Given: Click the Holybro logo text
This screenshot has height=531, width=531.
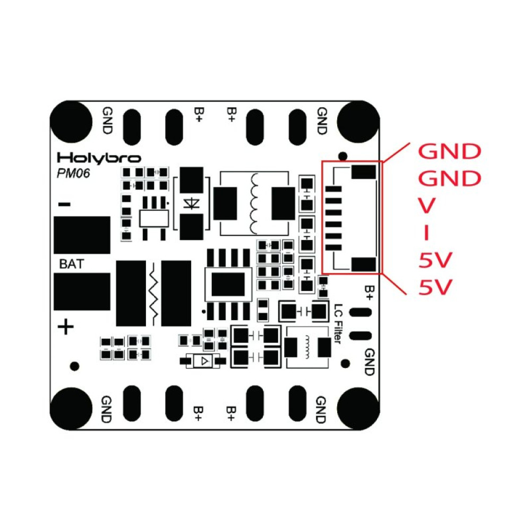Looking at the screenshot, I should coord(99,158).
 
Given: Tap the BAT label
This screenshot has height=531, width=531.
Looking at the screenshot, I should coord(71,264).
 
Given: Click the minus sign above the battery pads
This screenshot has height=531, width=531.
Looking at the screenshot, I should coord(65,204).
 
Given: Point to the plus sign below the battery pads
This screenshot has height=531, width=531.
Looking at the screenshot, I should coord(65,327).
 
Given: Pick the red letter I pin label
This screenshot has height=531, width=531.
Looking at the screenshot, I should coord(426,233).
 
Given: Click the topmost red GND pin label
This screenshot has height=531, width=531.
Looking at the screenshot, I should coord(449,151).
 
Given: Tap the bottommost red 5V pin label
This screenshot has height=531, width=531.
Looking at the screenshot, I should coord(435,288).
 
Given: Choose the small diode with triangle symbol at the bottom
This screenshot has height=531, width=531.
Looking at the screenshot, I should coord(203,362).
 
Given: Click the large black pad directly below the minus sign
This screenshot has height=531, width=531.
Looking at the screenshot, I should coord(82,235).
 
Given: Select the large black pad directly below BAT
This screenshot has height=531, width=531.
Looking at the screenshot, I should coord(82,291).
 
